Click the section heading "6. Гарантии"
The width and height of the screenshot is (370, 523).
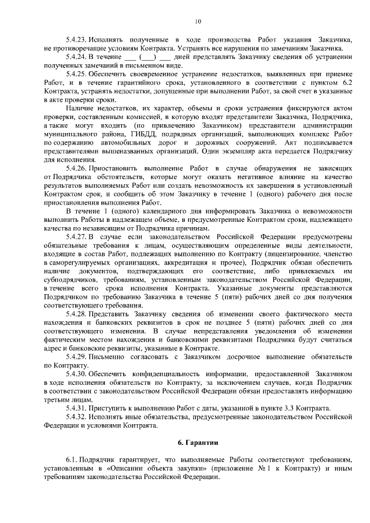pyautogui.click(x=197, y=443)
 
